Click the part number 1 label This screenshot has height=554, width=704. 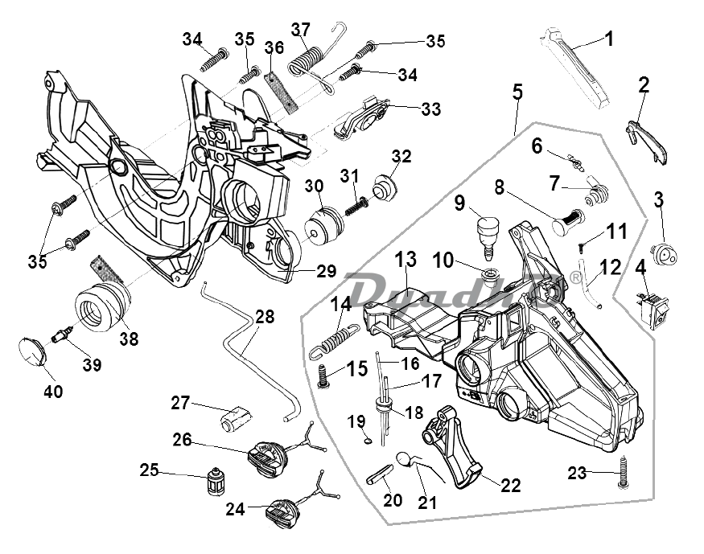tap(608, 38)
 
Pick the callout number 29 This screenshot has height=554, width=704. tap(325, 272)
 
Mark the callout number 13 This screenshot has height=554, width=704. tap(406, 260)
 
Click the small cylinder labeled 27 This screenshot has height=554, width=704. tap(236, 417)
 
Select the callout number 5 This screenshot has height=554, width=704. tap(517, 92)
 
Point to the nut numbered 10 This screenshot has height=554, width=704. tap(487, 276)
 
